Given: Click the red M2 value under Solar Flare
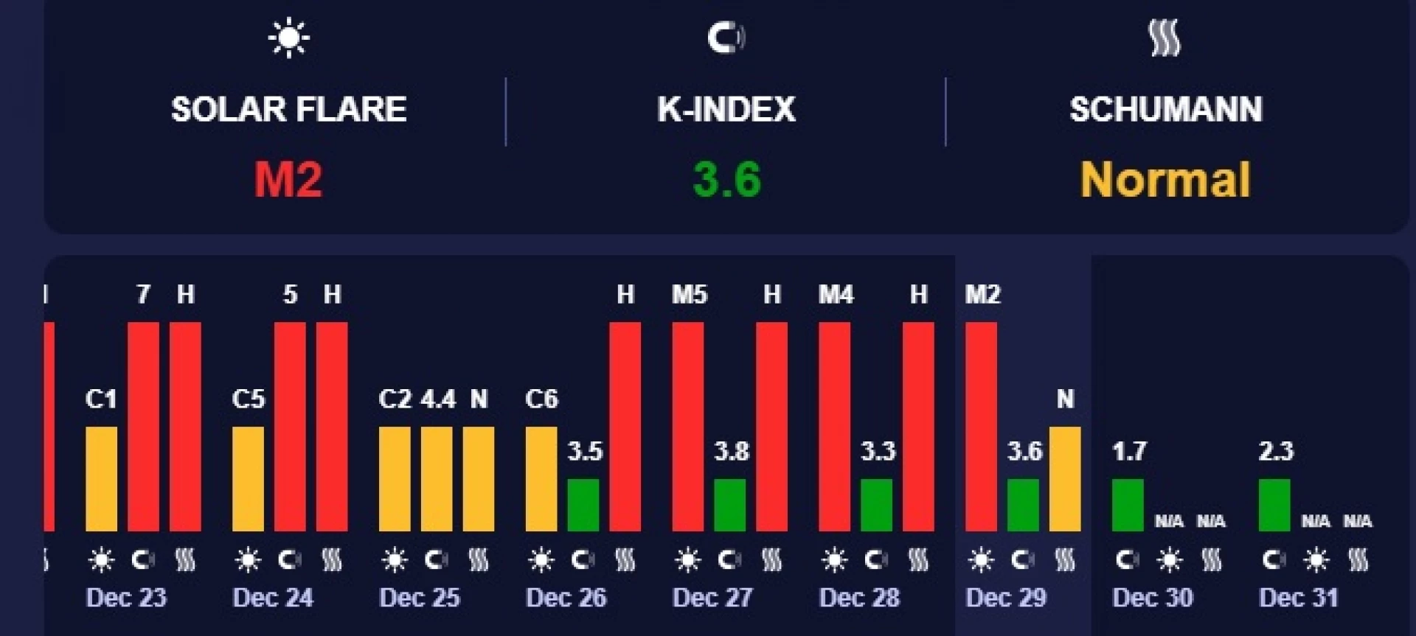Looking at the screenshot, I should pyautogui.click(x=288, y=180).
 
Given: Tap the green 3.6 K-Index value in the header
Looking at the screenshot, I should pyautogui.click(x=726, y=180).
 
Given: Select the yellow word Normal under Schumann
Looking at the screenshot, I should pyautogui.click(x=1165, y=180).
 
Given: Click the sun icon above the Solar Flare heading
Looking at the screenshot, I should pyautogui.click(x=288, y=38).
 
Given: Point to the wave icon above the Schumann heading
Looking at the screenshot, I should pyautogui.click(x=1165, y=38).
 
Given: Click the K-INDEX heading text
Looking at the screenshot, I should pyautogui.click(x=726, y=110).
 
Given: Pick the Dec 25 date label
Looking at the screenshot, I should pyautogui.click(x=419, y=598).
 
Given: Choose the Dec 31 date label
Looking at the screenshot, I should pyautogui.click(x=1298, y=598).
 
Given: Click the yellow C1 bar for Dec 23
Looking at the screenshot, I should pyautogui.click(x=101, y=479).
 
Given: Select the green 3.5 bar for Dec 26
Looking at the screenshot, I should pyautogui.click(x=583, y=506).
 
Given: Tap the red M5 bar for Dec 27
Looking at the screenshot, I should pyautogui.click(x=687, y=427).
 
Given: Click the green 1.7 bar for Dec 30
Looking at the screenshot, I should pyautogui.click(x=1128, y=506).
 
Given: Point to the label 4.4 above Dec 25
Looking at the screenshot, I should pyautogui.click(x=438, y=399).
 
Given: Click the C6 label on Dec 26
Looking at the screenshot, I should pyautogui.click(x=541, y=399).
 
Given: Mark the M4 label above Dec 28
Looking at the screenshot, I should pyautogui.click(x=836, y=295).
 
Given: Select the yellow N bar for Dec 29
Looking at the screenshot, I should pyautogui.click(x=1065, y=479).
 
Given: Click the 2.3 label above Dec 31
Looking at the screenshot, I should pyautogui.click(x=1276, y=451).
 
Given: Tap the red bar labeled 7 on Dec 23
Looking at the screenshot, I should pyautogui.click(x=143, y=427).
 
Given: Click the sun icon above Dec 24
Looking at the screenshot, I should pyautogui.click(x=248, y=561).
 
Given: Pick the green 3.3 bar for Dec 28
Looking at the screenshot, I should pyautogui.click(x=876, y=506).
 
